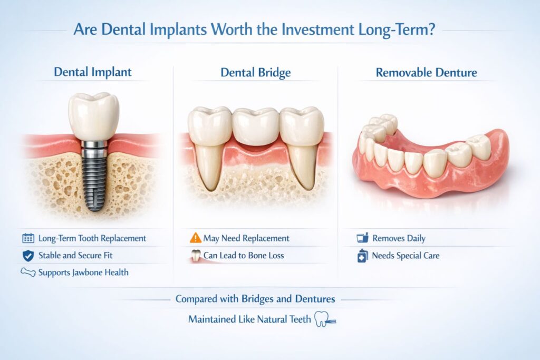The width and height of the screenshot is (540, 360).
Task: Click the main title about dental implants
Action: [x=254, y=29]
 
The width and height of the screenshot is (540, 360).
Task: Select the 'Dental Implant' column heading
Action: [x=93, y=72]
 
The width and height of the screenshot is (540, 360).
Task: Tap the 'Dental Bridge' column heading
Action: [x=255, y=72]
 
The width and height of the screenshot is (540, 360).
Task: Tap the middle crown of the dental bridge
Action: [x=255, y=127]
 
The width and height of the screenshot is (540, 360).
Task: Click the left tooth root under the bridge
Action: [x=209, y=166]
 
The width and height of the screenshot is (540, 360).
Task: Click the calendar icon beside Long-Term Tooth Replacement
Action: [x=28, y=238]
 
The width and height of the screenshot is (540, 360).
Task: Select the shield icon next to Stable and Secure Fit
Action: [x=28, y=256]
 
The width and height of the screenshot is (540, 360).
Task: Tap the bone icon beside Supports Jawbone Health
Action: [x=27, y=273]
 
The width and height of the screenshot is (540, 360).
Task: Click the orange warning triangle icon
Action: [x=195, y=238]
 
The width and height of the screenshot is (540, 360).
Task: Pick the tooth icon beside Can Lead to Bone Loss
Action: [x=195, y=256]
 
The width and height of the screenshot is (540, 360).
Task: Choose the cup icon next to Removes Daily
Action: [x=362, y=238]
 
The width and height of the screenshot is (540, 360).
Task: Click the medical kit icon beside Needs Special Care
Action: [x=362, y=256]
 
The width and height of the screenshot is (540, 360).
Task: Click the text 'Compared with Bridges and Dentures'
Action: [x=255, y=299]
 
